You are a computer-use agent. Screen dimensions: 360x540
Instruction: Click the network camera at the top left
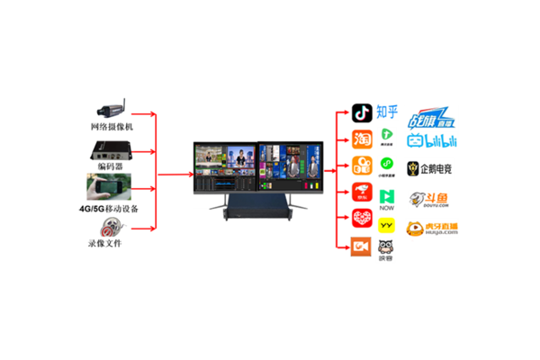[x=111, y=104]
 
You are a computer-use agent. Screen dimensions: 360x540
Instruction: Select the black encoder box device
[x=111, y=149]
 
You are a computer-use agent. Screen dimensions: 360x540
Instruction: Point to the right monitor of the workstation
[x=290, y=167]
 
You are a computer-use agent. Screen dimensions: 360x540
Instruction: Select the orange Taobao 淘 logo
[x=362, y=140]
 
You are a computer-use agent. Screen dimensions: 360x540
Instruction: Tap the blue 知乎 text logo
[x=388, y=112]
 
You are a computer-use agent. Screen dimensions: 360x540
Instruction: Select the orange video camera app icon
[x=362, y=247]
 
